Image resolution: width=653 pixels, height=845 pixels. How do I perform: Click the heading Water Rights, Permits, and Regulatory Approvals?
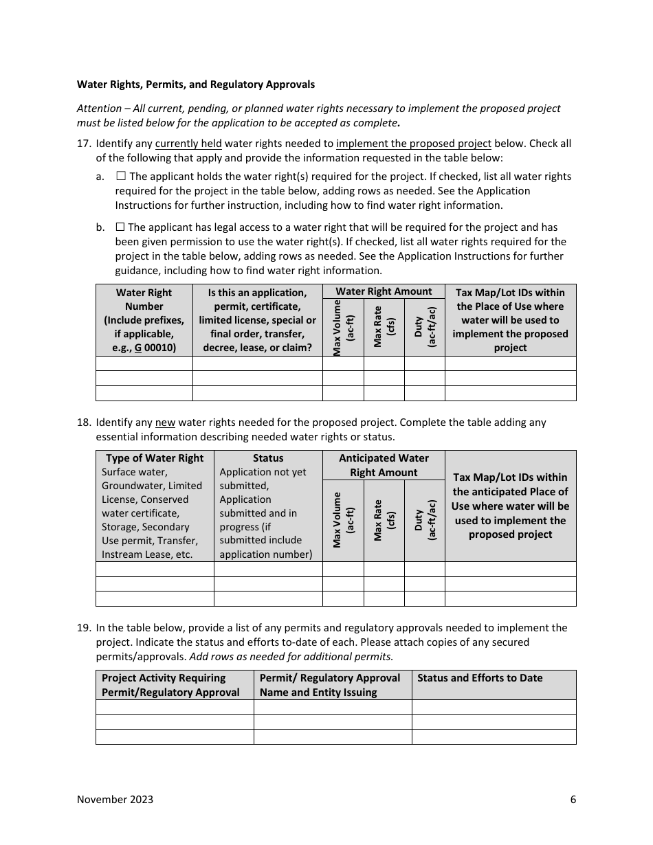point(195,84)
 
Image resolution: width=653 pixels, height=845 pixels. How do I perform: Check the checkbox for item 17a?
point(121,177)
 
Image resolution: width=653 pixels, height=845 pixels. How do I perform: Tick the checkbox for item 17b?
point(120,227)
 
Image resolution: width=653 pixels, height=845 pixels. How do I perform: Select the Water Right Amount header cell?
point(384,291)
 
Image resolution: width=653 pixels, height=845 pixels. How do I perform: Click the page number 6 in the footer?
point(573,799)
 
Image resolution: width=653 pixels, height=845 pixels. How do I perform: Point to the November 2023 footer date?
point(115,799)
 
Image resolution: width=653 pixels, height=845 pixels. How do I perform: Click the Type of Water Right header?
point(155,458)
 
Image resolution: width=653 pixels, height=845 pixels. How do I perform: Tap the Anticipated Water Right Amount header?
point(384,465)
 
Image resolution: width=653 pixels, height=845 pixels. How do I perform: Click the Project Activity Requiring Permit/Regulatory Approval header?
point(170,685)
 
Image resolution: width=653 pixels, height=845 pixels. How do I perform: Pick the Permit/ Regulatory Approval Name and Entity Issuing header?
point(330,685)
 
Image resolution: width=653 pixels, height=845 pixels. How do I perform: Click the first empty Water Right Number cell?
point(144,363)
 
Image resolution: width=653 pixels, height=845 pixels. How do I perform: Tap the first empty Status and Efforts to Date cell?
point(494,708)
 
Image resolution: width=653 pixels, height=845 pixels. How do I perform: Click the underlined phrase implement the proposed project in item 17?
point(413,144)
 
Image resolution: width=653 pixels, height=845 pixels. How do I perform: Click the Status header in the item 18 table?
point(268,458)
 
